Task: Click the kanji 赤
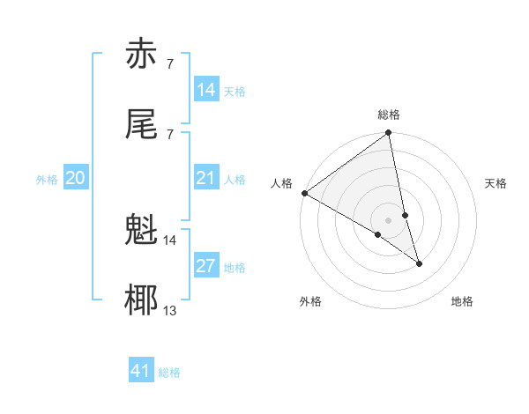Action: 144,55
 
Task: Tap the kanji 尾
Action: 144,124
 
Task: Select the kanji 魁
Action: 144,232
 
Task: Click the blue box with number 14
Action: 205,90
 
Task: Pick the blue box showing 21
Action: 205,178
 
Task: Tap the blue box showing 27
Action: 205,266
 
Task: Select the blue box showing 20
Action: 76,178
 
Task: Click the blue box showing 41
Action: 141,371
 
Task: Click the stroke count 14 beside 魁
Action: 169,240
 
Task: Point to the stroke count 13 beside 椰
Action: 169,309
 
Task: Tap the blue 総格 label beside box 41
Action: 169,373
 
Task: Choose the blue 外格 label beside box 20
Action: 47,180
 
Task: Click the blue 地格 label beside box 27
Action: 235,268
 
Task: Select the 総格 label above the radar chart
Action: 389,115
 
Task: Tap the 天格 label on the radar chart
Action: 495,183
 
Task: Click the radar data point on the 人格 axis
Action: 304,192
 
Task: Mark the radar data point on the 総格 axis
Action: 389,134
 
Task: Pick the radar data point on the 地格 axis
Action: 419,263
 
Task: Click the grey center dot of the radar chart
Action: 389,219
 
